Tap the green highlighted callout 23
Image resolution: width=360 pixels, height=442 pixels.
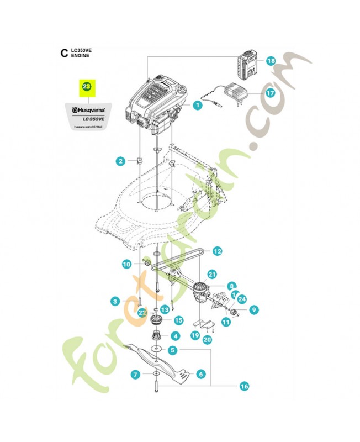click(87, 87)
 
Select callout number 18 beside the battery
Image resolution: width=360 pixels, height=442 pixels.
click(271, 61)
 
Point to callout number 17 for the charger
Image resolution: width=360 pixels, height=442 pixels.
click(271, 93)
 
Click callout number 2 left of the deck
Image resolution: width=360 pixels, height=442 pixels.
click(120, 161)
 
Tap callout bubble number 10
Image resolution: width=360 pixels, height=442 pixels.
click(126, 265)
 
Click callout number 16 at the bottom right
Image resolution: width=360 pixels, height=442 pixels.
click(244, 387)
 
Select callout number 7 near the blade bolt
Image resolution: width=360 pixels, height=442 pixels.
click(135, 375)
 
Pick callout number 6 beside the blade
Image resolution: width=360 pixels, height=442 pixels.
click(201, 374)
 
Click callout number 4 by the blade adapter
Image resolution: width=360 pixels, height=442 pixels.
click(175, 335)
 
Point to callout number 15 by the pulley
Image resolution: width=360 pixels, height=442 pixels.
click(178, 320)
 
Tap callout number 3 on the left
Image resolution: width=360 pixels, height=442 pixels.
click(115, 301)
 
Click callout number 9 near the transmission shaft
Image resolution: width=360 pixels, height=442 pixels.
click(253, 310)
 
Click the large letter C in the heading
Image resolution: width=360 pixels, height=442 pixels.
click(63, 54)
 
